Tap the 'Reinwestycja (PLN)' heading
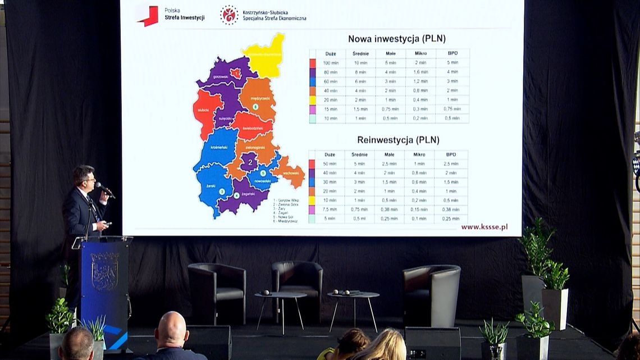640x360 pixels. pyautogui.click(x=398, y=140)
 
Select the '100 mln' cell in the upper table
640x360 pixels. pyautogui.click(x=330, y=63)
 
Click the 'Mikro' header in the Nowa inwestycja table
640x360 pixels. pyautogui.click(x=420, y=54)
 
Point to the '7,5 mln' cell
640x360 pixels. pyautogui.click(x=330, y=209)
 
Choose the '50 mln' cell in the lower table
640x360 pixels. pyautogui.click(x=330, y=163)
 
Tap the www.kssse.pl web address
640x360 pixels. pyautogui.click(x=484, y=227)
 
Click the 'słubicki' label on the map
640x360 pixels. pyautogui.click(x=203, y=110)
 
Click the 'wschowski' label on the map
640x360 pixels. pyautogui.click(x=290, y=173)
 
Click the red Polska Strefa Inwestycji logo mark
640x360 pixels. pyautogui.click(x=148, y=15)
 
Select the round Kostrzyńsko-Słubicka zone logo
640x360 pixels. pyautogui.click(x=228, y=15)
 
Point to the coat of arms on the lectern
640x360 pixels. pyautogui.click(x=104, y=272)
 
